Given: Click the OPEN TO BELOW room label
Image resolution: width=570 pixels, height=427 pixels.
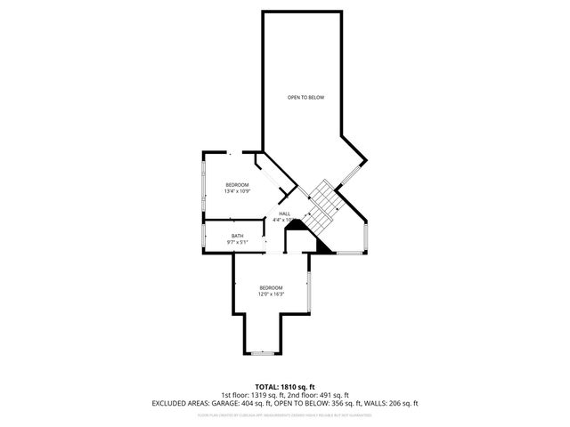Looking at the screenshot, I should click(x=305, y=97).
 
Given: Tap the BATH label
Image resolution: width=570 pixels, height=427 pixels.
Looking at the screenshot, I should click(x=237, y=236).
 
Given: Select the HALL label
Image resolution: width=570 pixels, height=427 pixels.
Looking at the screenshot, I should click(x=285, y=213).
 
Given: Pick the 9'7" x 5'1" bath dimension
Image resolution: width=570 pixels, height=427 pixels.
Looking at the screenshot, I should click(x=237, y=242).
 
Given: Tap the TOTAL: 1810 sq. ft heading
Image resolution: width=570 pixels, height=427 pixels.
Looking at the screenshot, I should click(x=284, y=387).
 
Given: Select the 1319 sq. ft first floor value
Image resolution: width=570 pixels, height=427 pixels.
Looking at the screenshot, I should click(x=267, y=395).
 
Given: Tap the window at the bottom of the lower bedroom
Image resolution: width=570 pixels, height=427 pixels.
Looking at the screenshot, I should click(x=264, y=353).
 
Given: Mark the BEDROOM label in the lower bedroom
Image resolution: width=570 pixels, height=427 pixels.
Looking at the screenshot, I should click(x=271, y=287).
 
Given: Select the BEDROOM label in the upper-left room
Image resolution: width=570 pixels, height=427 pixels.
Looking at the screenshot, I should click(x=237, y=184).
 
